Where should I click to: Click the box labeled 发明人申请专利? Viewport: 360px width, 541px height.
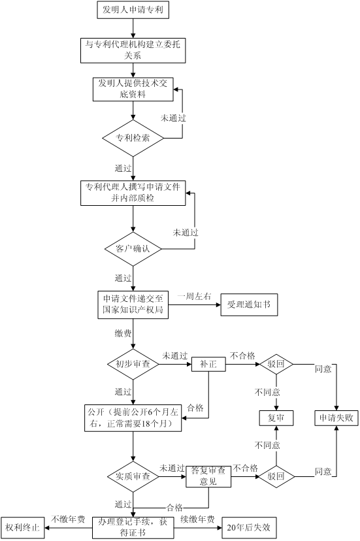pyautogui.click(x=133, y=10)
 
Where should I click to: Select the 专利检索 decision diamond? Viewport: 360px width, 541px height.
pyautogui.click(x=133, y=138)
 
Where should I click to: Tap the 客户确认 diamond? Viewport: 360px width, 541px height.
pyautogui.click(x=133, y=249)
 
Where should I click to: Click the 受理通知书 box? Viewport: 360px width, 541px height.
pyautogui.click(x=249, y=304)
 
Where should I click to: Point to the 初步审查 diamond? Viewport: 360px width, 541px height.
pyautogui.click(x=133, y=364)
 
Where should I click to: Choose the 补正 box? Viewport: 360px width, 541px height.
pyautogui.click(x=208, y=364)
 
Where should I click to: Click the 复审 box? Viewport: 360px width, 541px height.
pyautogui.click(x=276, y=418)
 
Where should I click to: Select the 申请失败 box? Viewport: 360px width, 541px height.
pyautogui.click(x=336, y=418)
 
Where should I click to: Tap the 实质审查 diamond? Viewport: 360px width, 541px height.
pyautogui.click(x=133, y=477)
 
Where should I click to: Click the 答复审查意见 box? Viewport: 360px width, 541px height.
pyautogui.click(x=208, y=477)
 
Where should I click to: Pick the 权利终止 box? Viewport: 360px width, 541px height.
pyautogui.click(x=22, y=527)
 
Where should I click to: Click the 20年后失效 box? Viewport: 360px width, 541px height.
pyautogui.click(x=249, y=527)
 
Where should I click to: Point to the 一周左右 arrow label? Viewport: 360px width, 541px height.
pyautogui.click(x=194, y=297)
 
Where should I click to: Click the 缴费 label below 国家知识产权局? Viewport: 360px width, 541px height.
pyautogui.click(x=123, y=333)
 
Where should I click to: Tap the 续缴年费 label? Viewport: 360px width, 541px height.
pyautogui.click(x=197, y=519)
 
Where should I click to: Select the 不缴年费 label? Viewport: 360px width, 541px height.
pyautogui.click(x=68, y=519)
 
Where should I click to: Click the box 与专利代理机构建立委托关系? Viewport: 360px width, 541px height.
pyautogui.click(x=133, y=50)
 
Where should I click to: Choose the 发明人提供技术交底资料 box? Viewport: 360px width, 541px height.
pyautogui.click(x=133, y=90)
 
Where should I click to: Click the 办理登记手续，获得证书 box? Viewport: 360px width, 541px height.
pyautogui.click(x=133, y=527)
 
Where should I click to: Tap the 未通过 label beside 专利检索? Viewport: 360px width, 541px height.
pyautogui.click(x=173, y=118)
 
